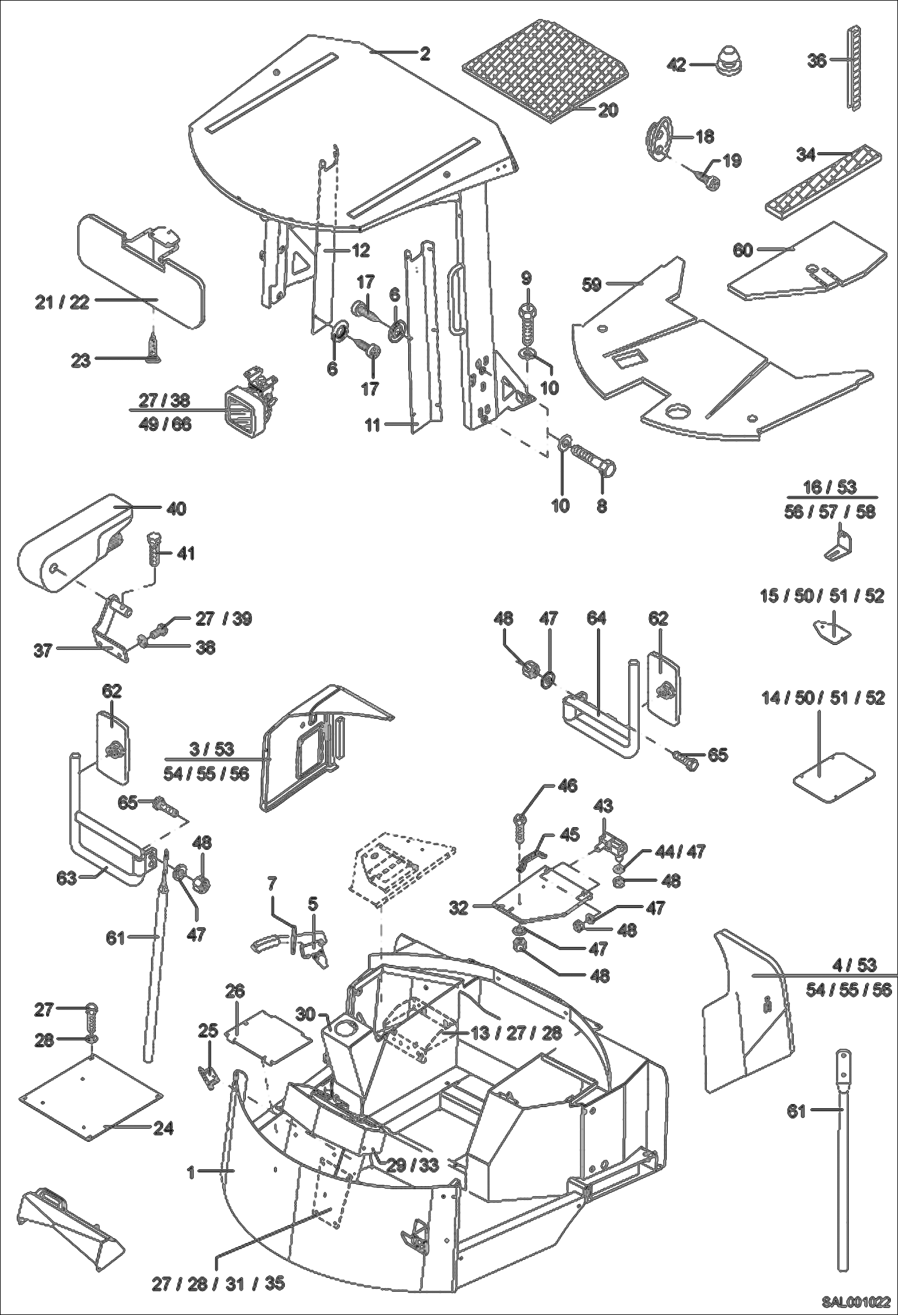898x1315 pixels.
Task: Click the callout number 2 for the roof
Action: (x=424, y=54)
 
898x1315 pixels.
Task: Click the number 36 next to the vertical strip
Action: (x=816, y=61)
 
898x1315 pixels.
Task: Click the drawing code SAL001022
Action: (x=855, y=1301)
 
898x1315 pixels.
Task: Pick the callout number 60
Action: (x=742, y=250)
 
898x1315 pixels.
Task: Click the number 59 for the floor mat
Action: (x=592, y=285)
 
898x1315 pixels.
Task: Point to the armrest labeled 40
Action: (x=72, y=539)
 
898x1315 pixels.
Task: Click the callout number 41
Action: (x=186, y=553)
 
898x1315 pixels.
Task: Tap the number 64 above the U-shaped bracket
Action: (x=596, y=618)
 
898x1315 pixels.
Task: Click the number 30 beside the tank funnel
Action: (x=305, y=1014)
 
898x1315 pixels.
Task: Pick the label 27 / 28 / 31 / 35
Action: (x=218, y=1282)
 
